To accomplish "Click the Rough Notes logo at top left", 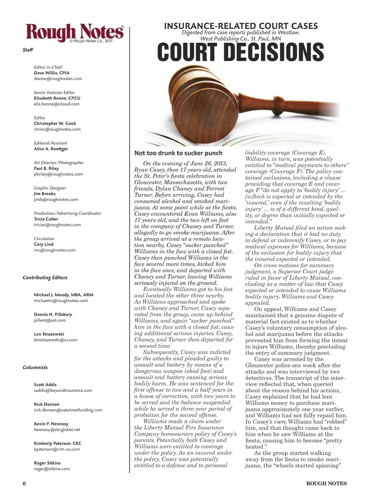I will [74, 33].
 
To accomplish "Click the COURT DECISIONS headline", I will [241, 52].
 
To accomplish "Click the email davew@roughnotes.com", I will [58, 79].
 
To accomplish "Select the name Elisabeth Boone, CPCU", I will [57, 98].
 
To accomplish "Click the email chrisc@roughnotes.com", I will [57, 129].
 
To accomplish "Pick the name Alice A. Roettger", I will [51, 149].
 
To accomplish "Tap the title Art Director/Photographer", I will [59, 163].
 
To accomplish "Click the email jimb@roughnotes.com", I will [56, 199].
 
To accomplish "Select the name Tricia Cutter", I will [46, 219].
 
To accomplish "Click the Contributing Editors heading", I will [45, 278].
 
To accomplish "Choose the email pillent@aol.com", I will [50, 320].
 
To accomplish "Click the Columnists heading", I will [35, 367].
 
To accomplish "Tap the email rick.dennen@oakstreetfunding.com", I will [68, 410].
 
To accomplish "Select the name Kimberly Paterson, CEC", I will [57, 444].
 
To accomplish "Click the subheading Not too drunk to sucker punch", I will [178, 153].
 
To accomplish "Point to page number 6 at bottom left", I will [24, 484].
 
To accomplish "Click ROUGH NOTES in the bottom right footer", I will [326, 484].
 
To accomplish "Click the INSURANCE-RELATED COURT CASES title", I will [241, 26].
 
